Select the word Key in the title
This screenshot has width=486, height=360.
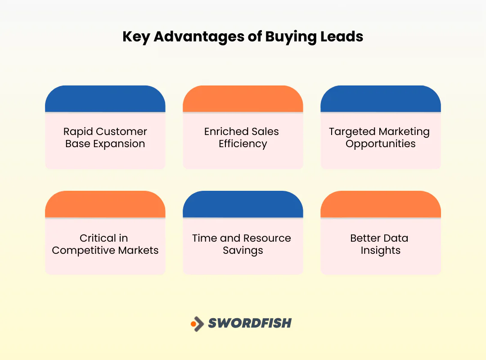[x=136, y=37]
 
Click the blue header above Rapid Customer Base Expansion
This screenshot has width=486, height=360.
[x=105, y=99]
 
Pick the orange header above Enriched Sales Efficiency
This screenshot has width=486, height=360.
[x=243, y=99]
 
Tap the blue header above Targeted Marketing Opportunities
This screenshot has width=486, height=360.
[x=380, y=99]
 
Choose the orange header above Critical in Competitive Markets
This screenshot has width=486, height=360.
[x=105, y=204]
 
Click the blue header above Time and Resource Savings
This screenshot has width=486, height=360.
[x=243, y=204]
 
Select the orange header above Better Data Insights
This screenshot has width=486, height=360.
[x=380, y=204]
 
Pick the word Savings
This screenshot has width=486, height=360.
[x=243, y=251]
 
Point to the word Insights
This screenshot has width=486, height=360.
[x=380, y=251]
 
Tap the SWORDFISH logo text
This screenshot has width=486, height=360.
[x=250, y=323]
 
